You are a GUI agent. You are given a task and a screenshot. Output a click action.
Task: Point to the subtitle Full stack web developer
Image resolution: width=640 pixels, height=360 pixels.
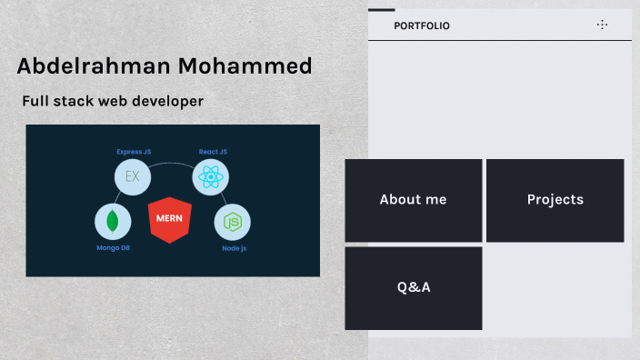pyautogui.click(x=113, y=102)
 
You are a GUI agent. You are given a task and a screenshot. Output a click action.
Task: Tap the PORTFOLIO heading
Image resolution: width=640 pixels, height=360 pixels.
pyautogui.click(x=422, y=26)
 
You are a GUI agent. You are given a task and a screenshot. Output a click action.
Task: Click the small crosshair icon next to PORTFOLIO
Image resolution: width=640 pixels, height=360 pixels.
pyautogui.click(x=602, y=25)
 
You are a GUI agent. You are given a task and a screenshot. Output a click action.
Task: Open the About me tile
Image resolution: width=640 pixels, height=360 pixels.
pyautogui.click(x=414, y=200)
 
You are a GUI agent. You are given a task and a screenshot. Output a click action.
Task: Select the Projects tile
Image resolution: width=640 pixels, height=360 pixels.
pyautogui.click(x=555, y=200)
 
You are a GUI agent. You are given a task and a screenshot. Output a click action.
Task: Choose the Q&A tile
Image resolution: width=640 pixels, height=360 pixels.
pyautogui.click(x=414, y=287)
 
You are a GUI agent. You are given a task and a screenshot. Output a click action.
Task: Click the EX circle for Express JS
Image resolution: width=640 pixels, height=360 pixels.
pyautogui.click(x=133, y=175)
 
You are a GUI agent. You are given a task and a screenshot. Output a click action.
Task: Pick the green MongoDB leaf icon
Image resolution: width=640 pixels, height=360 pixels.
pyautogui.click(x=113, y=222)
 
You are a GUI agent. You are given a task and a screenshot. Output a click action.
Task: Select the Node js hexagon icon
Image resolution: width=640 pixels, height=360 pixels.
pyautogui.click(x=233, y=222)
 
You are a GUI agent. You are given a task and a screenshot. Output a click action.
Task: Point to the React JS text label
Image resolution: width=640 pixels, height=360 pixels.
pyautogui.click(x=213, y=152)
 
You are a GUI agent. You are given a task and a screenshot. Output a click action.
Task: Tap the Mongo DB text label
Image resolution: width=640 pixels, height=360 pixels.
pyautogui.click(x=114, y=248)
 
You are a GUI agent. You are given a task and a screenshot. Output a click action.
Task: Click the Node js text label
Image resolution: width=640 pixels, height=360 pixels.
pyautogui.click(x=234, y=248)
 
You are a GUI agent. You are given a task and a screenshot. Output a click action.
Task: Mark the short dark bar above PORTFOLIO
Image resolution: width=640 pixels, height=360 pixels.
pyautogui.click(x=381, y=10)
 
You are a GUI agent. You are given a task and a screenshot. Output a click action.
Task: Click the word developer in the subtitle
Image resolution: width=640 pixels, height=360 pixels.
pyautogui.click(x=170, y=102)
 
